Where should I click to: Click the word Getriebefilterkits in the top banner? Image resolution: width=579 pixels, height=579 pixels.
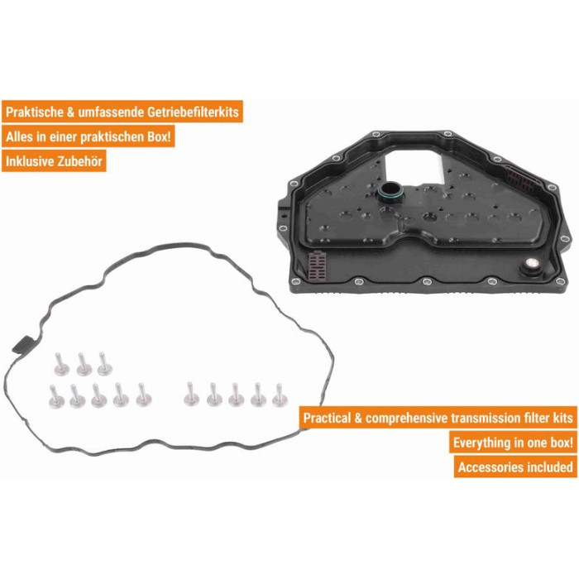[193, 112]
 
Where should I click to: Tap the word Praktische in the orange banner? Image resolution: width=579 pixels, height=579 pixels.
[35, 112]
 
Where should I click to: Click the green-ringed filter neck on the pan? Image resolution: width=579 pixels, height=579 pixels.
[390, 192]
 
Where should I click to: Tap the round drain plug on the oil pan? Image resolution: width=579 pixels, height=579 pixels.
[531, 266]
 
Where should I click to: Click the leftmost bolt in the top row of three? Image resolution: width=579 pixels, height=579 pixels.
[61, 365]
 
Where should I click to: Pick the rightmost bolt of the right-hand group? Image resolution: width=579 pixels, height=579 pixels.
[280, 395]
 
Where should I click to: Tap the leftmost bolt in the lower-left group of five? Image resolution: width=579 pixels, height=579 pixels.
[56, 397]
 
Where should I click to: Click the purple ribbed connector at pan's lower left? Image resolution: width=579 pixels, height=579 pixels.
[317, 266]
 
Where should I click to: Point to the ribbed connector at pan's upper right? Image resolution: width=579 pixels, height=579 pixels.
[521, 180]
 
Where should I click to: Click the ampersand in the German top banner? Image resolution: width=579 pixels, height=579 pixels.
[70, 112]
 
